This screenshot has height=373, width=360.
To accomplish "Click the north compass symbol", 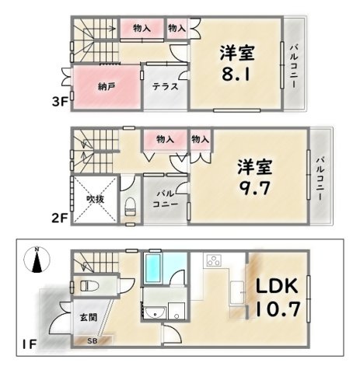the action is tap(37, 260).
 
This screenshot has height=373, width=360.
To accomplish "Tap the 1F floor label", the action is tap(30, 344).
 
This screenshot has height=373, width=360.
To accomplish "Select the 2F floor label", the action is tap(60, 218).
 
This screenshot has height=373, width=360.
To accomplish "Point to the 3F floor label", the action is tap(60, 102).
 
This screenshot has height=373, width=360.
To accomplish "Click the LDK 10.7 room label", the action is tap(278, 298).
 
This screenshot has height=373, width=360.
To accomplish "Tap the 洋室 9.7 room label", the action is tap(255, 177).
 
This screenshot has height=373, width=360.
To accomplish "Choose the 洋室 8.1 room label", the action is tap(237, 63).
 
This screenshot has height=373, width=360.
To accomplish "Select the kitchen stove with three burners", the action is tap(214, 260).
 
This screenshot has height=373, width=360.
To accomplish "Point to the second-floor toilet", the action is tap(131, 207).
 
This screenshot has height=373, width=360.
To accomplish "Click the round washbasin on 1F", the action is tap(155, 312).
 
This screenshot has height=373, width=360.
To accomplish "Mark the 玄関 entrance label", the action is tap(89, 317).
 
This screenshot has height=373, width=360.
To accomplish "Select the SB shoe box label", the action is tap(92, 340).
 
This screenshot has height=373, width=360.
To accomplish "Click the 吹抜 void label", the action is tap(96, 199).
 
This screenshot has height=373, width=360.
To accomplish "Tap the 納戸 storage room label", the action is tap(107, 87).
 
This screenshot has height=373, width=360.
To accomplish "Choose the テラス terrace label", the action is tap(165, 86).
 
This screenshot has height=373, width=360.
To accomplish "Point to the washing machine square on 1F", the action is tap(177, 311).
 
